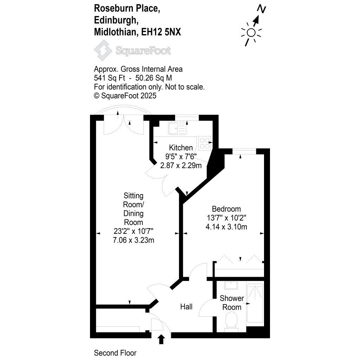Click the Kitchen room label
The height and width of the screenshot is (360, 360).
click(181, 148)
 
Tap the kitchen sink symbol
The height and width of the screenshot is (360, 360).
click(177, 128)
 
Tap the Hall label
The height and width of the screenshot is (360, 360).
click(186, 307)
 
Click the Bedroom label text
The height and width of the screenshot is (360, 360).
click(226, 208)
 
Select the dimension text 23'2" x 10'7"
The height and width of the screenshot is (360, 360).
click(133, 231)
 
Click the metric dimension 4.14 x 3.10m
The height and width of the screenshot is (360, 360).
click(226, 227)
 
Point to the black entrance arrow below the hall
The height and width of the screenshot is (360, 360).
click(161, 340)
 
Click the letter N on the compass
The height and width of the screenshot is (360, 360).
click(261, 8)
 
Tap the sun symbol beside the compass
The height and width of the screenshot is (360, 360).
click(251, 33)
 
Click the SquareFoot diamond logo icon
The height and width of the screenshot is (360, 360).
click(103, 50)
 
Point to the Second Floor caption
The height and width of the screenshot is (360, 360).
click(115, 353)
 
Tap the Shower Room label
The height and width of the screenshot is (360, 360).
click(232, 303)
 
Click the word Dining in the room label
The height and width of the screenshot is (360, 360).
click(133, 213)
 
